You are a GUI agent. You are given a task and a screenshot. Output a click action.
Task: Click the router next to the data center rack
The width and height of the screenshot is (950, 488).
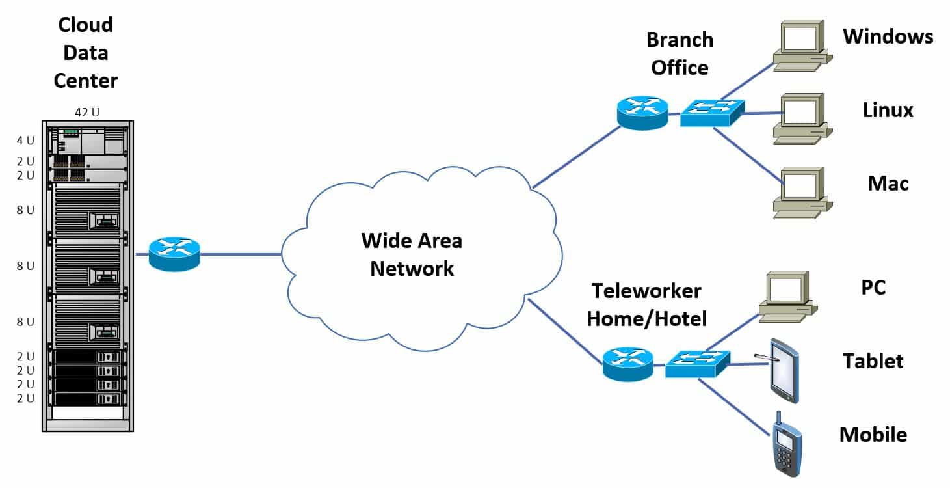[x=174, y=254]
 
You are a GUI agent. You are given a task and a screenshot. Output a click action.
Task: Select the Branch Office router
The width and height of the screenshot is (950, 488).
[x=642, y=112]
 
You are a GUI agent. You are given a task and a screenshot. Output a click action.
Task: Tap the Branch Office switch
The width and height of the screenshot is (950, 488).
[x=713, y=113]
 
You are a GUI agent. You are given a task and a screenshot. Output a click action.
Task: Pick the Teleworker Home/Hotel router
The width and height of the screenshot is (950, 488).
[x=627, y=364]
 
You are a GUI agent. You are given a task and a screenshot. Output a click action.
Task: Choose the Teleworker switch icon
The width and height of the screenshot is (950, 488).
[x=698, y=363]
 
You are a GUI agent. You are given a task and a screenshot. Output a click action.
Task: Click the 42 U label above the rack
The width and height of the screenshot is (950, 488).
[x=87, y=113]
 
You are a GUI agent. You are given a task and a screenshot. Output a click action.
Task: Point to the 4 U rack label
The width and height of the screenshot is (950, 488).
[x=25, y=140]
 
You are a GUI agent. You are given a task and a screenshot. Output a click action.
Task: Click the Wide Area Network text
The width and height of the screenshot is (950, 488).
[x=412, y=254]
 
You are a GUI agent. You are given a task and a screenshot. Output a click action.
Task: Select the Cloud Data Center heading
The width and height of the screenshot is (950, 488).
[x=85, y=53]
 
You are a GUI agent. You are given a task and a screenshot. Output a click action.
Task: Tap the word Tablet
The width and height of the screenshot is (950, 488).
[x=873, y=360]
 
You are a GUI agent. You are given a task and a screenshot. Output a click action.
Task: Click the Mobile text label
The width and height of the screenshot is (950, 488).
[x=873, y=434]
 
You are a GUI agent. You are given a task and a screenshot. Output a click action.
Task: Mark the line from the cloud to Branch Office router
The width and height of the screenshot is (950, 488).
[x=575, y=156]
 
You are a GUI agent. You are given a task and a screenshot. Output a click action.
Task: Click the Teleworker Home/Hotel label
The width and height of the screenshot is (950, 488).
[x=646, y=305]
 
